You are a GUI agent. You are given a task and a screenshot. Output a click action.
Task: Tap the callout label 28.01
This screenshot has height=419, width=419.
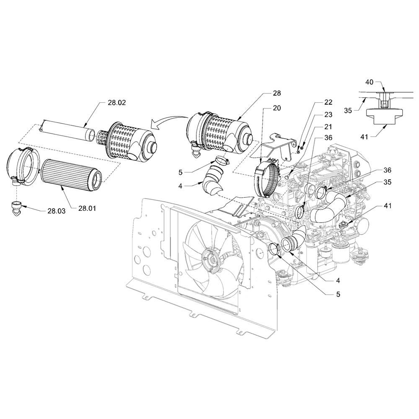(87, 208)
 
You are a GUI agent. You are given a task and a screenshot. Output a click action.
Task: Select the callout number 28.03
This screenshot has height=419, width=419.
(57, 211)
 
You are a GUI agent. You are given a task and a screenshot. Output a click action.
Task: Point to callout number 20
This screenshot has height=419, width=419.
(277, 108)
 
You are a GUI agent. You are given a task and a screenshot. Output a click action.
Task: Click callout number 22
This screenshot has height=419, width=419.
(328, 102)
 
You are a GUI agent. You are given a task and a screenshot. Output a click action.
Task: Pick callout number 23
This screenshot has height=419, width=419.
(328, 114)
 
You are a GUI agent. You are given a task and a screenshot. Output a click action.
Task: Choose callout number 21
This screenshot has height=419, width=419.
(328, 127)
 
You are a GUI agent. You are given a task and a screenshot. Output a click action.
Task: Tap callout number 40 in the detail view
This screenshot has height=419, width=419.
(369, 82)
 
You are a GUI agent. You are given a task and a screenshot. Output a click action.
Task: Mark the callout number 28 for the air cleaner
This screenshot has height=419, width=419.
(277, 93)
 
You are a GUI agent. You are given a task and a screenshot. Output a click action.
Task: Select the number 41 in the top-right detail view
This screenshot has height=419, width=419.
(364, 137)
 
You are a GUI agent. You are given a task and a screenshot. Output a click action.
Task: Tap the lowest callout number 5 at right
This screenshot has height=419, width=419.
(338, 294)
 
